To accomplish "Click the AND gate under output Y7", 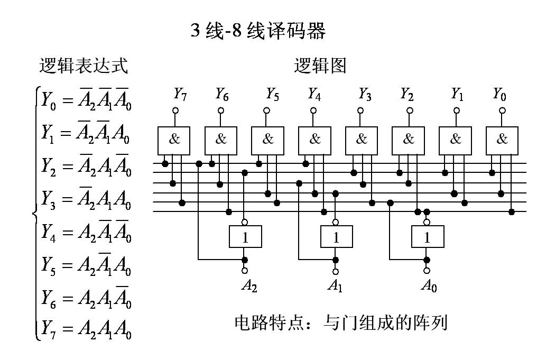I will [174, 141].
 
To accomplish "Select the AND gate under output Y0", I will [502, 141].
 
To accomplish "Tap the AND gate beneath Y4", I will [314, 141].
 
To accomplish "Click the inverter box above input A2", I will [245, 237].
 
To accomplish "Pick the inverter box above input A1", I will [336, 237].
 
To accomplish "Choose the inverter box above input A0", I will [427, 237].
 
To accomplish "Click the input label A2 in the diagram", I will [249, 286].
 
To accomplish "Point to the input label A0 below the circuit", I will [429, 286].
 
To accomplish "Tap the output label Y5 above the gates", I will [272, 95].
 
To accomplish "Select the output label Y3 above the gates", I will [365, 95].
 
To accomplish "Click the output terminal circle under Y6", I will [220, 111].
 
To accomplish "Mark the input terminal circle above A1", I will [336, 271].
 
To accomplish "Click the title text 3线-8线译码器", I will [258, 32].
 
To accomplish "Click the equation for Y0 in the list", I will [86, 99].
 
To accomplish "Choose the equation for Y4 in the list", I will [86, 232].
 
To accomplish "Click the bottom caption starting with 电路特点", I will [341, 322].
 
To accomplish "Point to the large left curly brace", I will [35, 214].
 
